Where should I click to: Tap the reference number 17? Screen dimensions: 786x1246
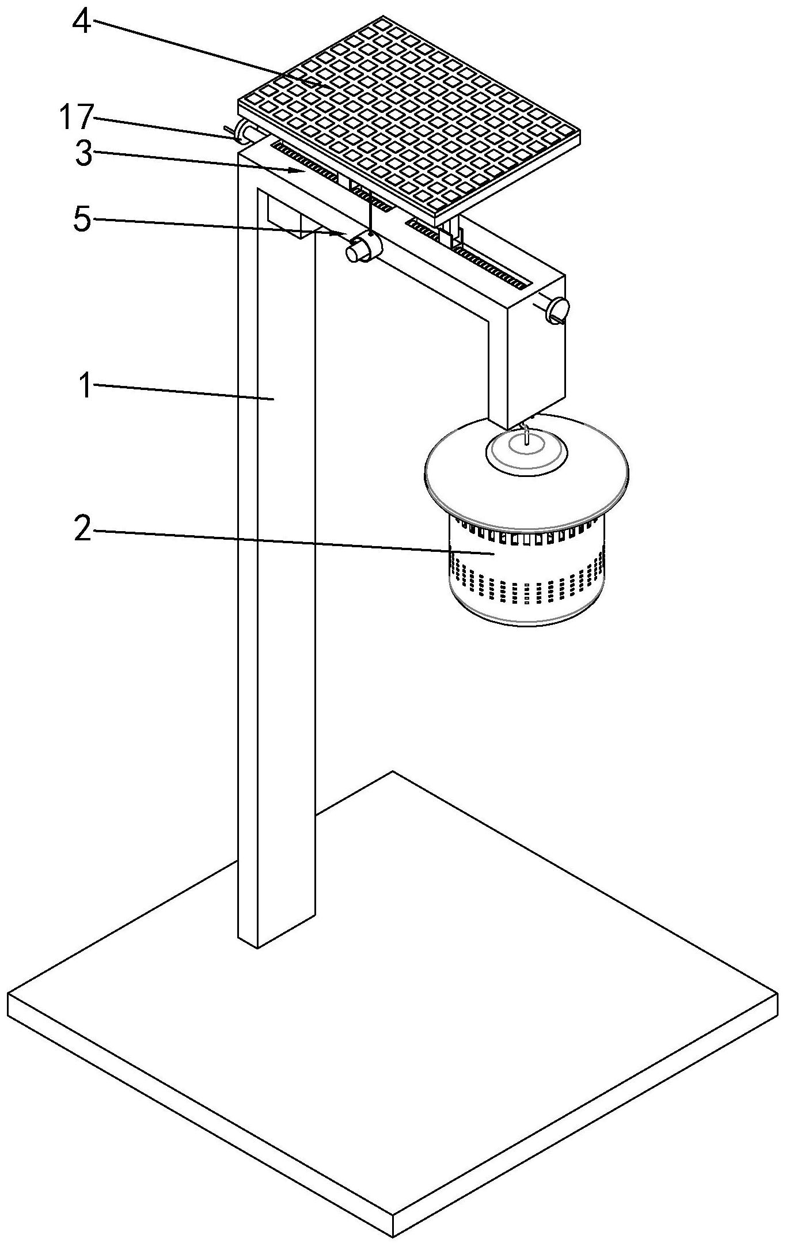click(75, 118)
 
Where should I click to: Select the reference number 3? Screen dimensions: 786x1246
click(83, 154)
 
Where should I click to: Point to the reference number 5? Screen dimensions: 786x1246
click(82, 219)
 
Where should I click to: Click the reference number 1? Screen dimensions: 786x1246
click(85, 385)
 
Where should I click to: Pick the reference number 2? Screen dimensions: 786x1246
click(83, 529)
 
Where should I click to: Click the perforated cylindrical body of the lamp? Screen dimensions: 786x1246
click(526, 567)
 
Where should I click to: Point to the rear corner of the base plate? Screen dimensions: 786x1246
click(393, 772)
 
